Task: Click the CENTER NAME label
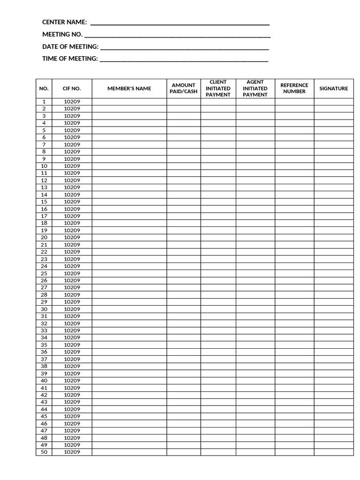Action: (64, 22)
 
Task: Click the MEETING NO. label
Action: (62, 34)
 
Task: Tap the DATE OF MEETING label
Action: (70, 46)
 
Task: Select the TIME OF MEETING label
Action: (70, 59)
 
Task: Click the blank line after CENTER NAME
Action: (180, 24)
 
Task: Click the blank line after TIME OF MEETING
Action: (184, 60)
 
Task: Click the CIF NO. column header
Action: (72, 89)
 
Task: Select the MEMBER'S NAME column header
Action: (129, 89)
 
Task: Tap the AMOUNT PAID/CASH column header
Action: (183, 89)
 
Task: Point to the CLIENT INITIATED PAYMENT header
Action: (218, 89)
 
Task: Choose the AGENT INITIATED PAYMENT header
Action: (255, 89)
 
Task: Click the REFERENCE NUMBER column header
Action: (294, 89)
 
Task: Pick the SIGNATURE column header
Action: (333, 89)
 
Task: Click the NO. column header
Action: (44, 89)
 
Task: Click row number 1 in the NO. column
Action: (44, 102)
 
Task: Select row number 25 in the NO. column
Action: (44, 273)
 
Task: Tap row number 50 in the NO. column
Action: (44, 452)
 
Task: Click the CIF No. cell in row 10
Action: (72, 166)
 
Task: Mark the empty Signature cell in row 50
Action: (333, 452)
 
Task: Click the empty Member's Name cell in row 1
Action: (129, 102)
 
